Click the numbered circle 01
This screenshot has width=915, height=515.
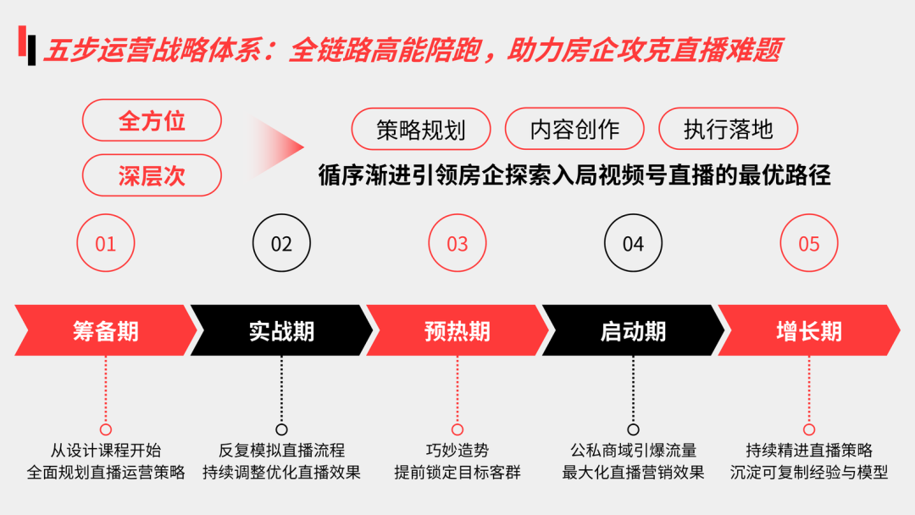tap(106, 244)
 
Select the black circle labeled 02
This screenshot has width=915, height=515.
tap(281, 244)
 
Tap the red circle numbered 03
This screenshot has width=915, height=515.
tap(457, 244)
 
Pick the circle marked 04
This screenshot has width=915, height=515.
tap(633, 244)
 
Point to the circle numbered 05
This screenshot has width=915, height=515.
tap(809, 244)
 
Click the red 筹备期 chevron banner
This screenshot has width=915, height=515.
tap(106, 330)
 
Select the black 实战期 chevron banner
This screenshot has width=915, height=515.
tap(281, 330)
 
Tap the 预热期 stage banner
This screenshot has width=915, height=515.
tap(457, 330)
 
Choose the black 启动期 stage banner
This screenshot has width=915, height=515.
tap(633, 330)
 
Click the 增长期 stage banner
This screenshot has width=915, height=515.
tap(809, 330)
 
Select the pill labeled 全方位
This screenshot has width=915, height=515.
tap(152, 120)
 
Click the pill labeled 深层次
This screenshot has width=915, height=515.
tap(152, 175)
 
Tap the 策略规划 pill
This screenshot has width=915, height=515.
tap(421, 129)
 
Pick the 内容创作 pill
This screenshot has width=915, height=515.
tap(574, 129)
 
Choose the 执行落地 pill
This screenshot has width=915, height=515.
tap(728, 129)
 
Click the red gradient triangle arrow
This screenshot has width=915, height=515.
tap(275, 147)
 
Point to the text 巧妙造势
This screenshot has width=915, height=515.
tap(457, 451)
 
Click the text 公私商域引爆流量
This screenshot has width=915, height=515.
tap(633, 451)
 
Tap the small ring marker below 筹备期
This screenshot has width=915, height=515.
tap(106, 429)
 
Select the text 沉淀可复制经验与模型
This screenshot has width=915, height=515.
tap(809, 473)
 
